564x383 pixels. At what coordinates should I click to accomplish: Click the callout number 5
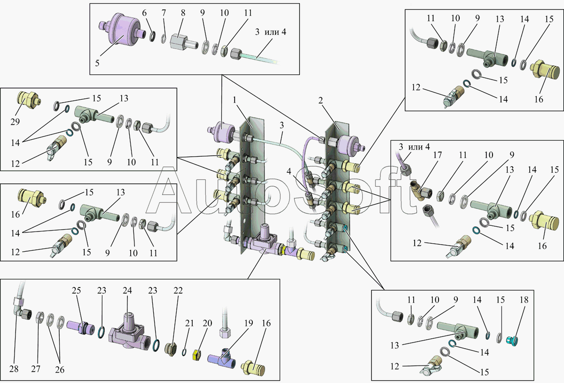coord(97,63)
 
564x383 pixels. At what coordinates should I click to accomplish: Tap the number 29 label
coord(15,121)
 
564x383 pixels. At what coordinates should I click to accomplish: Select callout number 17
coord(438,155)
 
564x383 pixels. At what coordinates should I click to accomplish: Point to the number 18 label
coord(524,300)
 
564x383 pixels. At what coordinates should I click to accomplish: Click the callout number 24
coord(127,290)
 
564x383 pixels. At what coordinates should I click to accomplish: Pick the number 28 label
coord(14,369)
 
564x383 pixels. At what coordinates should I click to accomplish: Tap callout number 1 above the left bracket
coord(235,100)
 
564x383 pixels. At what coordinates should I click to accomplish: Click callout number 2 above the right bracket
coord(320,100)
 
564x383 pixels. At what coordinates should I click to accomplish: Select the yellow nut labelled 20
coord(196,355)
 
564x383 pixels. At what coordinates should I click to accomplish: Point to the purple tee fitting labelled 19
coord(221,358)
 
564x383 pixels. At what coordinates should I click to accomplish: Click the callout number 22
coord(178,290)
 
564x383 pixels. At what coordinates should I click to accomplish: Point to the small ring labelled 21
coord(184,352)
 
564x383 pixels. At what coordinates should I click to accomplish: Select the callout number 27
coord(36,369)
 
